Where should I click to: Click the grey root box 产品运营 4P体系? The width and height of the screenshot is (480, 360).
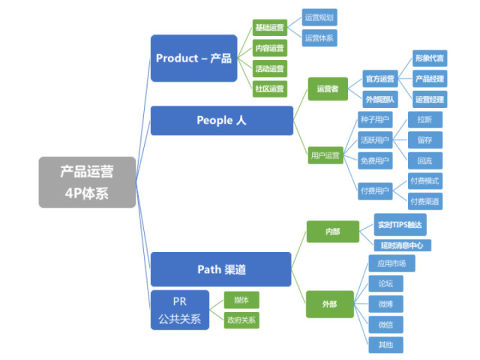[x=87, y=181]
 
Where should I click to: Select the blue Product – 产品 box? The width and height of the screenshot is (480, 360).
[x=193, y=58]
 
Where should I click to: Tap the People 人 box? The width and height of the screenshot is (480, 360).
[x=221, y=120]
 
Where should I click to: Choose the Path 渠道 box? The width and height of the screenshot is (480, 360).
[x=221, y=269]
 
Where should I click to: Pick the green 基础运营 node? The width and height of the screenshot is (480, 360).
[x=269, y=28]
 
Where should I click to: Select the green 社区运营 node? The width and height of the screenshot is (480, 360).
[x=269, y=88]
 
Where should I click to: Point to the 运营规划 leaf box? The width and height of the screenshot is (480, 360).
[x=319, y=17]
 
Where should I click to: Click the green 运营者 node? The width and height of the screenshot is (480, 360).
[x=328, y=88]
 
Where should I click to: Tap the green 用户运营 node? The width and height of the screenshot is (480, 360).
[x=325, y=157]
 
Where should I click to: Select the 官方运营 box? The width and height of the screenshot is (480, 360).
[x=379, y=78]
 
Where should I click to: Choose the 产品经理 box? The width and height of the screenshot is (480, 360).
[x=429, y=78]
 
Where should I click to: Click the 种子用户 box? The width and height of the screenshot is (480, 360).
[x=375, y=118]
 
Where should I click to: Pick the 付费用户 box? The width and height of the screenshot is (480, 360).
[x=375, y=191]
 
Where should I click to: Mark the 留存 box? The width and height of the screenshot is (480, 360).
[x=424, y=139]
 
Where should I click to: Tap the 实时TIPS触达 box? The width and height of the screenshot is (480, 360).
[x=400, y=223]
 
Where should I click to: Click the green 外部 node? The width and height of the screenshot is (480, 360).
[x=329, y=304]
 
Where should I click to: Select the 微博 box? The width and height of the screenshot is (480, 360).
[x=385, y=304]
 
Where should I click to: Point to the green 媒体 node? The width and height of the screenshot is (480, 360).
[x=241, y=299]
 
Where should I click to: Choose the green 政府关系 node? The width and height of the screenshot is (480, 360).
[x=241, y=320]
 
